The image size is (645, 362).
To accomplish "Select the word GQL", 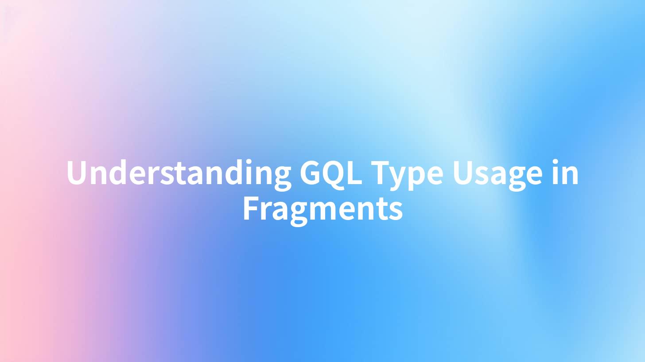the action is tap(331, 173).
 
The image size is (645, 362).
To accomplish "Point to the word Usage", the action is tap(497, 175).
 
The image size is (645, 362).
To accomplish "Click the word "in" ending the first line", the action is tap(565, 172).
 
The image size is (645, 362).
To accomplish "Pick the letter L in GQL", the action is tap(355, 173).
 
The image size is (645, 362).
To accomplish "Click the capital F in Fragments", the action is tap(251, 208).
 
